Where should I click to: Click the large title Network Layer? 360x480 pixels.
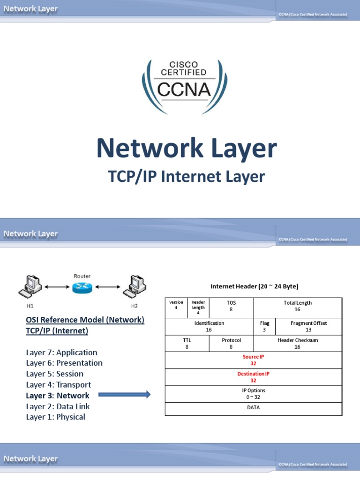[x=187, y=149]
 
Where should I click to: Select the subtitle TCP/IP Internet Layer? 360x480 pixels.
[x=187, y=177]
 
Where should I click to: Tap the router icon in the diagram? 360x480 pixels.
[x=82, y=287]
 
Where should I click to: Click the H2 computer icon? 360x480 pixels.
[x=134, y=286]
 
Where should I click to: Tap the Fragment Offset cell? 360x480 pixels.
[x=308, y=327]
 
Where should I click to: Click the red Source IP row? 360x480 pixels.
[x=253, y=360]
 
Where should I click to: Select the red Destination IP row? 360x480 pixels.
[x=253, y=377]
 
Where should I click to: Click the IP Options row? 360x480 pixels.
[x=253, y=393]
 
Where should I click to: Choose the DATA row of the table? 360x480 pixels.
[x=253, y=408]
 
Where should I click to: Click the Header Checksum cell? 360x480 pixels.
[x=298, y=344]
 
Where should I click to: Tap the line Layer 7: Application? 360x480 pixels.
[x=61, y=352]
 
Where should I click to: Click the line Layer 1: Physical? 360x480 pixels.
[x=55, y=417]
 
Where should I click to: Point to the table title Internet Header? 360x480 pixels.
[x=254, y=286]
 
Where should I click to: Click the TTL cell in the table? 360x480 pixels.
[x=187, y=344]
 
